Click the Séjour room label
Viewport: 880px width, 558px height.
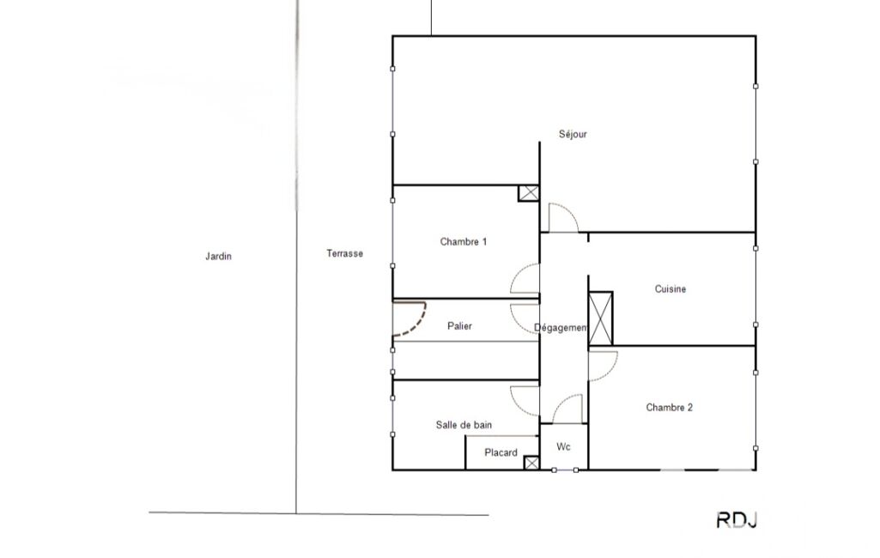pos(573,134)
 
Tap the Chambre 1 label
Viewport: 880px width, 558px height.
pos(463,242)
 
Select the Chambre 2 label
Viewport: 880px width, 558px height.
pos(669,408)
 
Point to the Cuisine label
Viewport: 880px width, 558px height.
pos(671,289)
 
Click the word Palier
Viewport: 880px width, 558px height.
pos(459,326)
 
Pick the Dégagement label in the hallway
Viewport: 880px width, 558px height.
pos(561,328)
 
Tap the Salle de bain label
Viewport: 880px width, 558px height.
pos(464,425)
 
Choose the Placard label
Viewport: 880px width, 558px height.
pos(501,452)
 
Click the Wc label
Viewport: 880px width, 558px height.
pos(563,447)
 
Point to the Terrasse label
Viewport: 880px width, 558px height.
pos(344,254)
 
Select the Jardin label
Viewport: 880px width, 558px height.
pos(218,257)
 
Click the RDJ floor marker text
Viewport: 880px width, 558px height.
pos(737,520)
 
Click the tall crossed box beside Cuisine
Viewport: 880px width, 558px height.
pos(600,318)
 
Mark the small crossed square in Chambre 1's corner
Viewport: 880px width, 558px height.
pos(529,193)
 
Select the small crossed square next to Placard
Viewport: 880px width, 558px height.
pos(531,463)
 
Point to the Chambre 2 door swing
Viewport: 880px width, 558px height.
pos(610,373)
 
